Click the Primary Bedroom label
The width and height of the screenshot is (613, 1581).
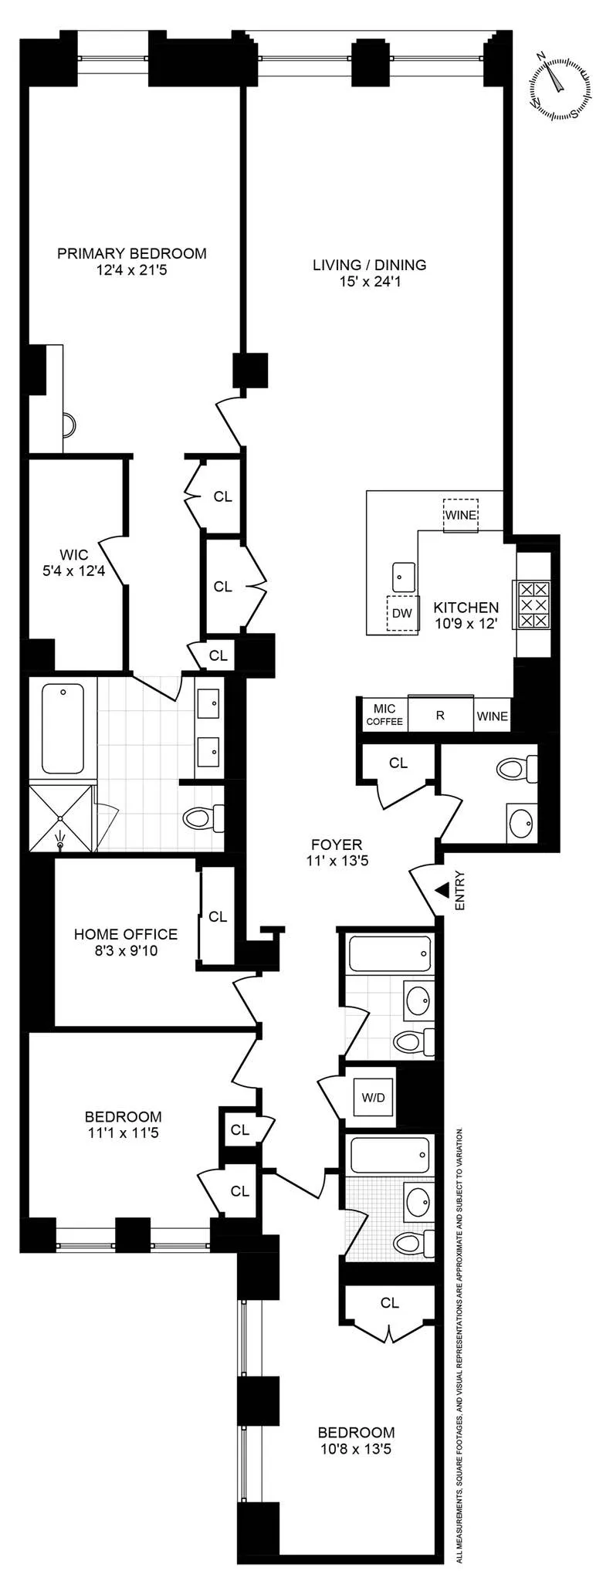point(132,262)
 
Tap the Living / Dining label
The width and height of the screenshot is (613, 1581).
point(369,273)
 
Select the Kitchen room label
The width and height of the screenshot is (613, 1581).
point(466,615)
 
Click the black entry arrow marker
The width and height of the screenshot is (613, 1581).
point(442,890)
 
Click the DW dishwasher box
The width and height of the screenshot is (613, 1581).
point(402,614)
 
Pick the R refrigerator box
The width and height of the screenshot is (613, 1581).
point(440,715)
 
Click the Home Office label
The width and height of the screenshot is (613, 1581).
point(126,942)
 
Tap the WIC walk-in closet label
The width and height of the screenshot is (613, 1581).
point(74,563)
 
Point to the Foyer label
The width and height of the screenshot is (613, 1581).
point(337,852)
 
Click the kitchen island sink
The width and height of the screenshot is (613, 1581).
point(403,575)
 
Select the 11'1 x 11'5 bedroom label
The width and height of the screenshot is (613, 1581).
point(124,1125)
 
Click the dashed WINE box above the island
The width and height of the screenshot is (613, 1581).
point(460,515)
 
